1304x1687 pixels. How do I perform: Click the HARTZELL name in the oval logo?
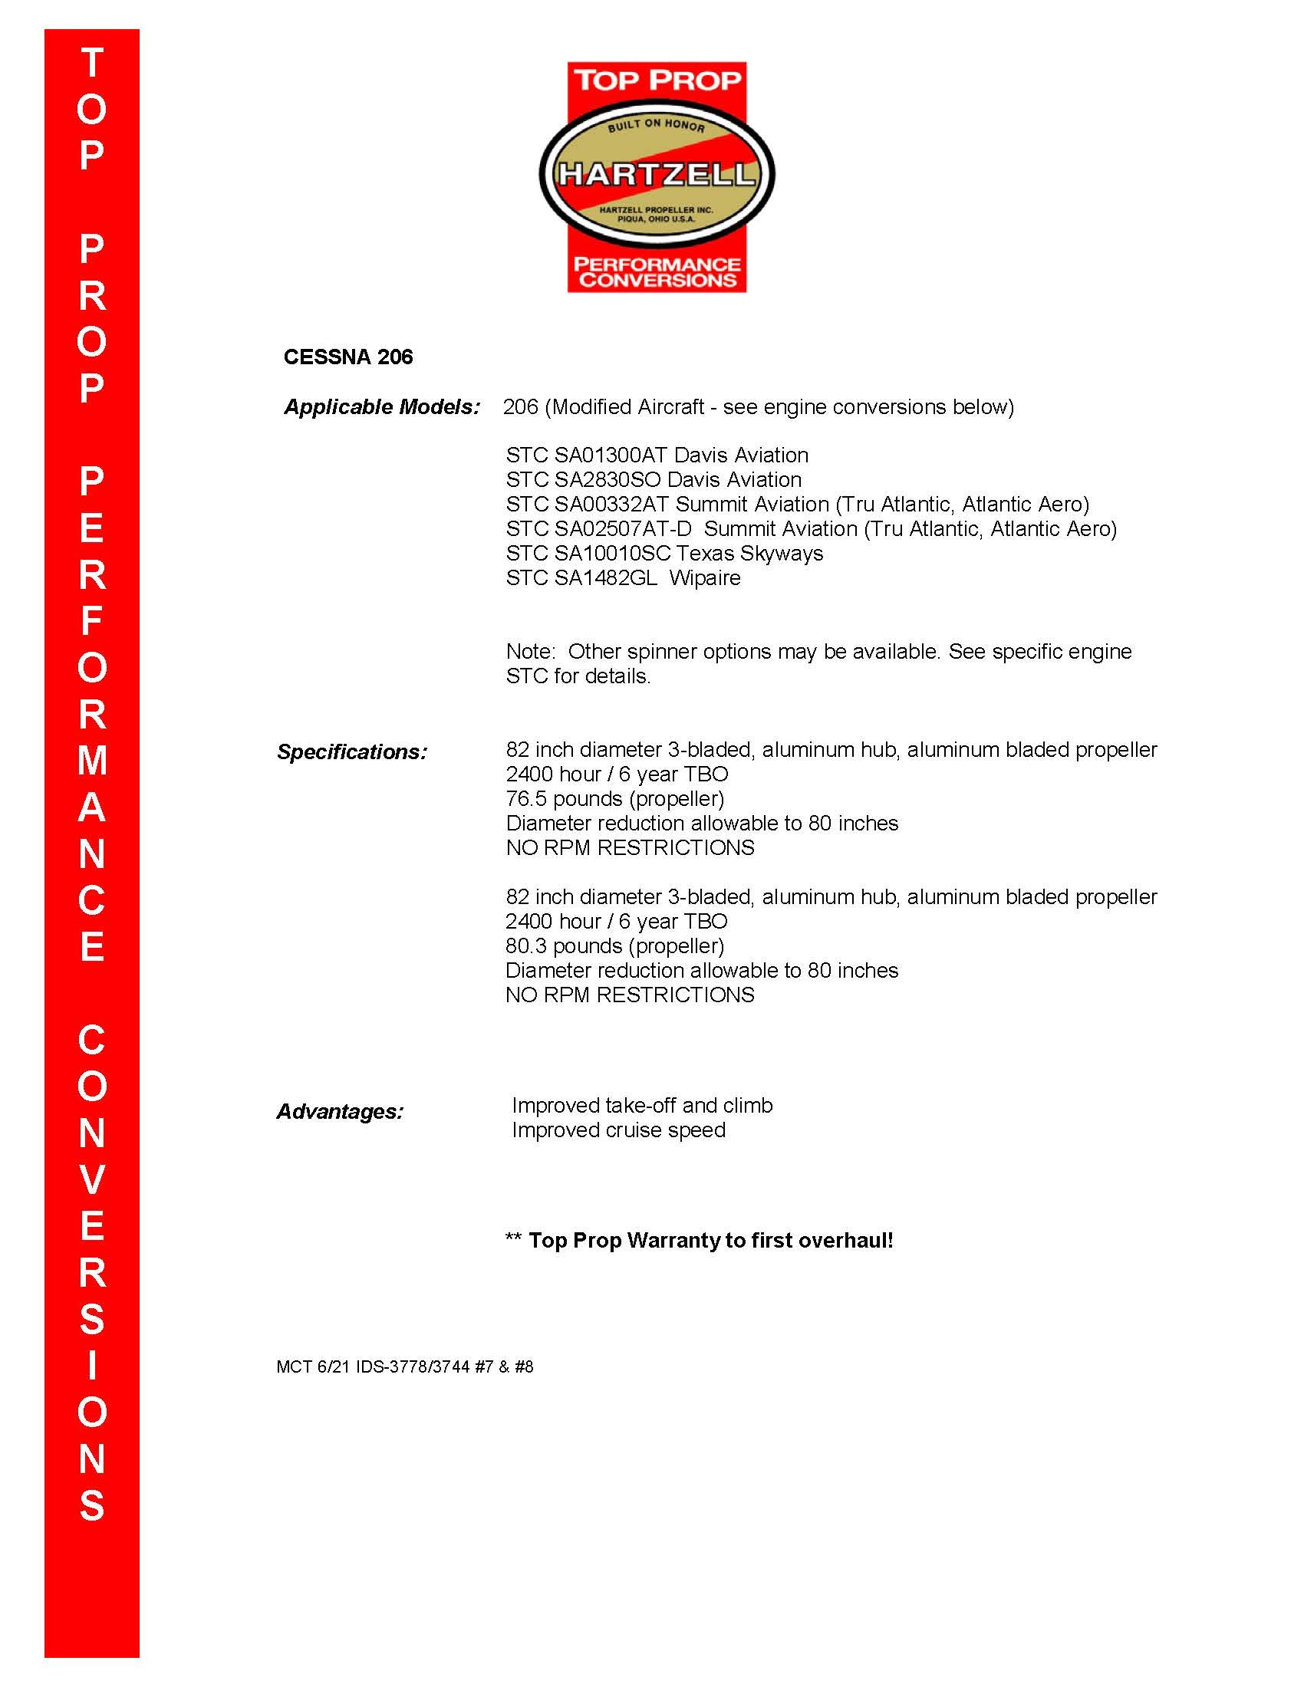click(656, 175)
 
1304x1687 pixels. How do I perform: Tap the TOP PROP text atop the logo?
click(657, 80)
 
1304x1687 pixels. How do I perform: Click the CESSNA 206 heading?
click(347, 357)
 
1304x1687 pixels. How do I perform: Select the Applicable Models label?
click(382, 407)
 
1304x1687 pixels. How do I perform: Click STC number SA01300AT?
click(611, 455)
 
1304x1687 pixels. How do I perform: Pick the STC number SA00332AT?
click(611, 505)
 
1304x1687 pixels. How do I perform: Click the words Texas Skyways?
click(750, 554)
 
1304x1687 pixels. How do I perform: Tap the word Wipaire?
click(704, 578)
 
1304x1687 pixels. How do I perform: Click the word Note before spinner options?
click(530, 652)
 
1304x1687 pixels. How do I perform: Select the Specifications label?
click(351, 752)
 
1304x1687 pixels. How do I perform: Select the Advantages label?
click(340, 1112)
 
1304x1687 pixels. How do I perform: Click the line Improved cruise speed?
click(618, 1130)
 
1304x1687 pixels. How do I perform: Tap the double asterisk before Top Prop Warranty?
click(513, 1241)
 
